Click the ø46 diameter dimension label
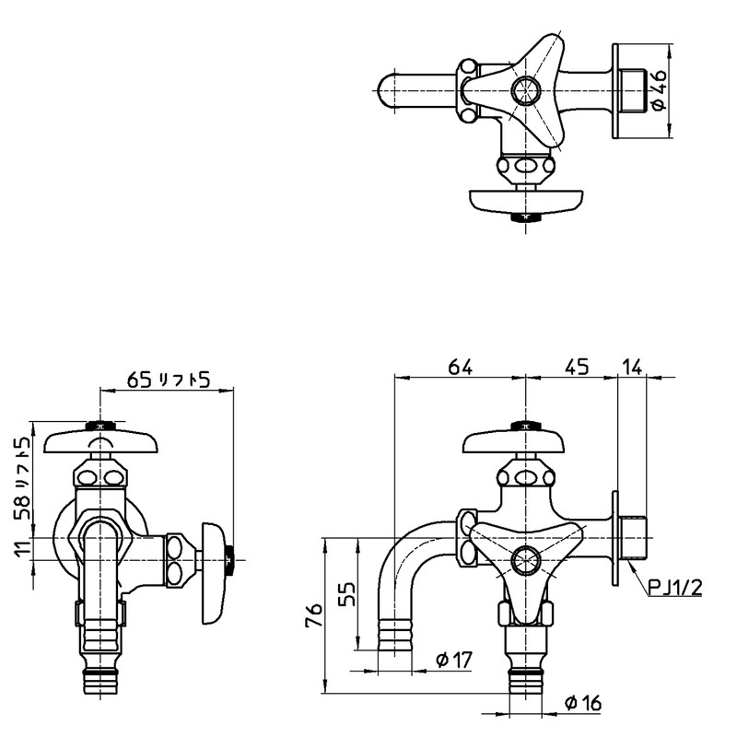tap(659, 89)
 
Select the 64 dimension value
tap(460, 367)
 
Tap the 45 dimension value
tap(577, 367)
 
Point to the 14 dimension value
tap(633, 367)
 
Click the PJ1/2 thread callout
tap(675, 587)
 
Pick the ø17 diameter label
tap(453, 660)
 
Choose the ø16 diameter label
tap(583, 703)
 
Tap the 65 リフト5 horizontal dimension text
tap(169, 380)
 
